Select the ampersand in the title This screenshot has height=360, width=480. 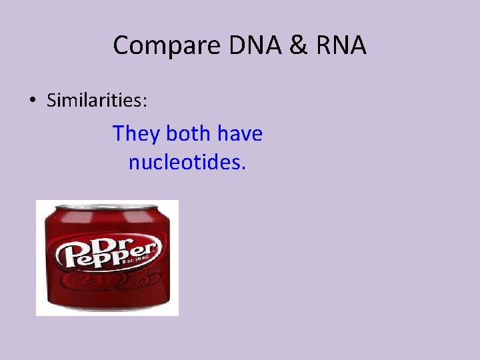(287, 45)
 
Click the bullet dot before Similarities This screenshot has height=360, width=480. (33, 101)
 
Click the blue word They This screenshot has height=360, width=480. (136, 134)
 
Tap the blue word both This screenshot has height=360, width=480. (187, 134)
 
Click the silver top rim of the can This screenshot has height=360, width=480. (107, 206)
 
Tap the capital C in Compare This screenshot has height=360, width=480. (121, 45)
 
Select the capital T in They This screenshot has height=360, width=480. (119, 134)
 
